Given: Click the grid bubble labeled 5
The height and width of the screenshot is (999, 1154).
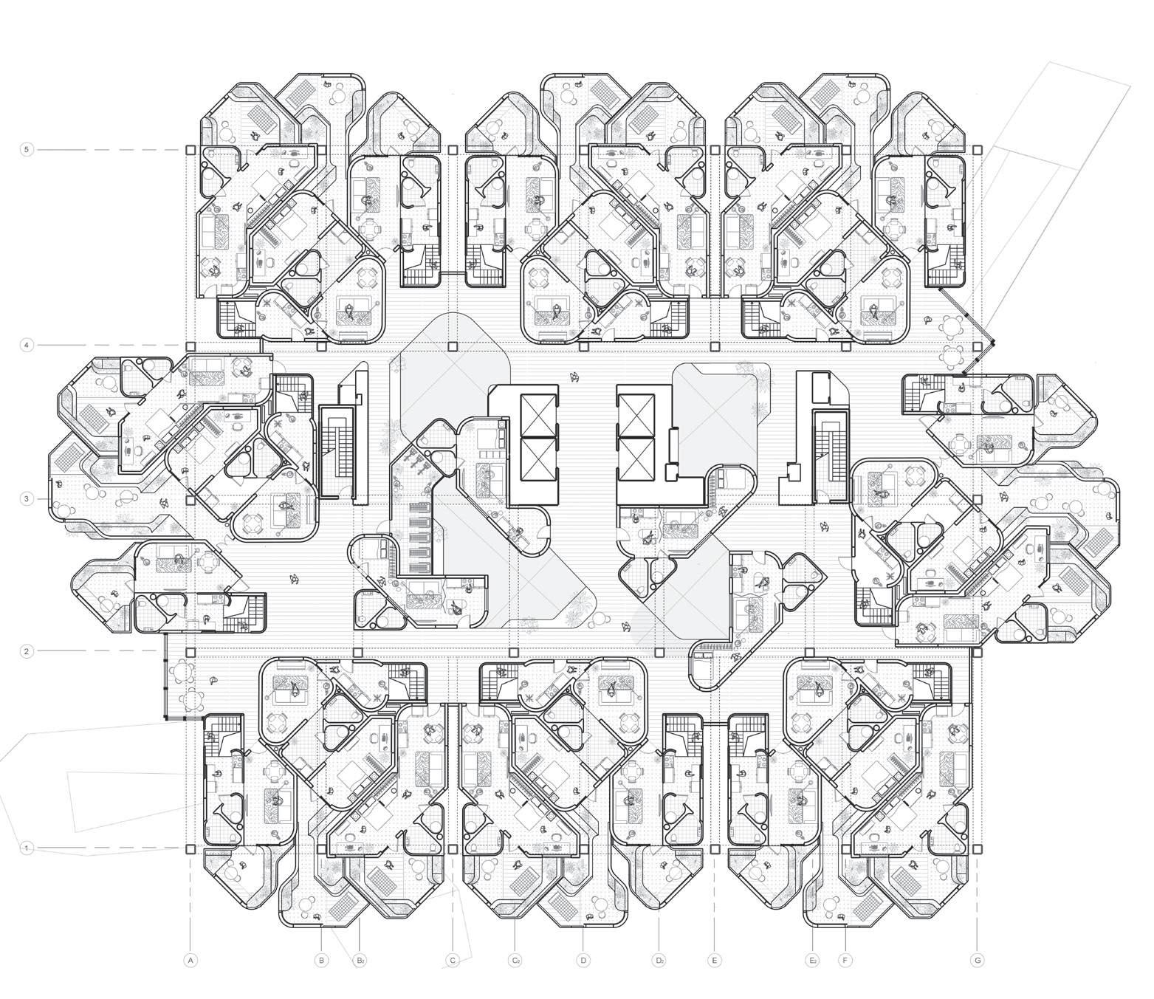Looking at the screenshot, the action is click(x=27, y=150).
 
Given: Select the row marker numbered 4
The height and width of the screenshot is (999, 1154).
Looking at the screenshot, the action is click(x=27, y=345).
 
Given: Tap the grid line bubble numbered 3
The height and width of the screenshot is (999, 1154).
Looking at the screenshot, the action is click(x=27, y=499).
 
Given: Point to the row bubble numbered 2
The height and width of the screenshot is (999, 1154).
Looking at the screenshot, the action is click(x=27, y=651).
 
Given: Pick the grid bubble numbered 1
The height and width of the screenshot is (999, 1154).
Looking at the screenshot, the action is click(x=27, y=848).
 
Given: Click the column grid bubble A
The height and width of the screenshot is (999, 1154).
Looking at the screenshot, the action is click(x=190, y=961).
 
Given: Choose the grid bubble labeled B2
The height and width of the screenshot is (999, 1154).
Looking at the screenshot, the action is click(x=360, y=961).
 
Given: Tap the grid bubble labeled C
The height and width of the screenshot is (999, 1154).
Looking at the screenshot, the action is click(x=453, y=961).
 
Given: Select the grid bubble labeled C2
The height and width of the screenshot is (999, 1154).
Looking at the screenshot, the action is click(x=515, y=961).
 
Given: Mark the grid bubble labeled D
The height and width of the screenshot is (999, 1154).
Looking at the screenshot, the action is click(x=583, y=961).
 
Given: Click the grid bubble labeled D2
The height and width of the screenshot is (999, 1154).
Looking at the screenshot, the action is click(x=659, y=961).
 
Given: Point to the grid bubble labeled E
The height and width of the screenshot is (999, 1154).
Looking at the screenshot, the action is click(x=713, y=961).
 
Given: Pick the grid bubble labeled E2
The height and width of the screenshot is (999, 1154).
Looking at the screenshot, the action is click(x=811, y=961).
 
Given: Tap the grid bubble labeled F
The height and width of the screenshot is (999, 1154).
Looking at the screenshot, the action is click(x=845, y=961).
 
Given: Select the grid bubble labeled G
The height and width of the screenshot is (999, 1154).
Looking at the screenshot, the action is click(x=977, y=961).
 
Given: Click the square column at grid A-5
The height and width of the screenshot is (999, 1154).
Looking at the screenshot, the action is click(x=190, y=150).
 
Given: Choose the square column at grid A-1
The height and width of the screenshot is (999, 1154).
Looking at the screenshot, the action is click(x=190, y=849).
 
